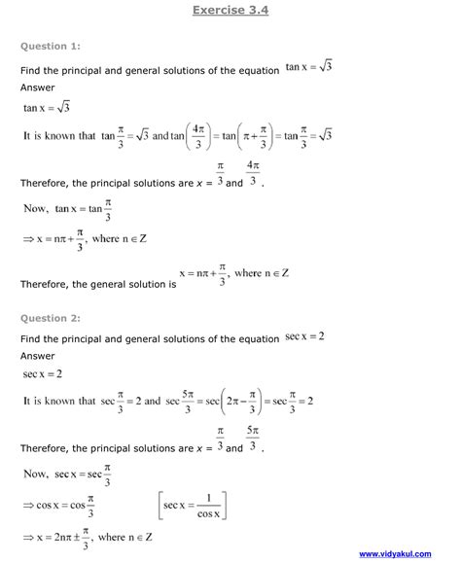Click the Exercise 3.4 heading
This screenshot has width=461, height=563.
click(x=230, y=10)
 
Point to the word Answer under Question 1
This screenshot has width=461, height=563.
click(x=38, y=87)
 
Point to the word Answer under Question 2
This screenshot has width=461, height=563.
click(x=38, y=356)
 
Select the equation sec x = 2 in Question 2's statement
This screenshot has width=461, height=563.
click(x=304, y=336)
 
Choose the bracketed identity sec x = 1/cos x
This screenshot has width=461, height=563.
click(x=190, y=507)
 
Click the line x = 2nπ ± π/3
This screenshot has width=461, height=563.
click(x=88, y=535)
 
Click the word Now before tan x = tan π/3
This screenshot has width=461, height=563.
click(x=35, y=210)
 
